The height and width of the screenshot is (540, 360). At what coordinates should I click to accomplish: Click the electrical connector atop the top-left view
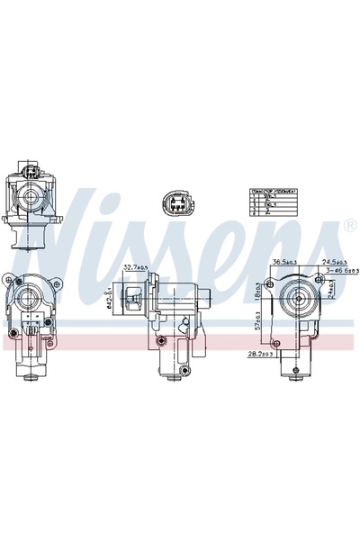(x=31, y=169)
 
